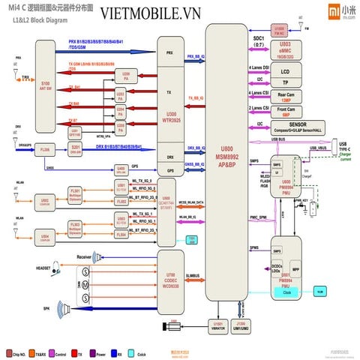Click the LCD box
[284, 72]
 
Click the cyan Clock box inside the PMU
[289, 294]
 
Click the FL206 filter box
[45, 150]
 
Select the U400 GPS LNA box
[120, 169]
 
